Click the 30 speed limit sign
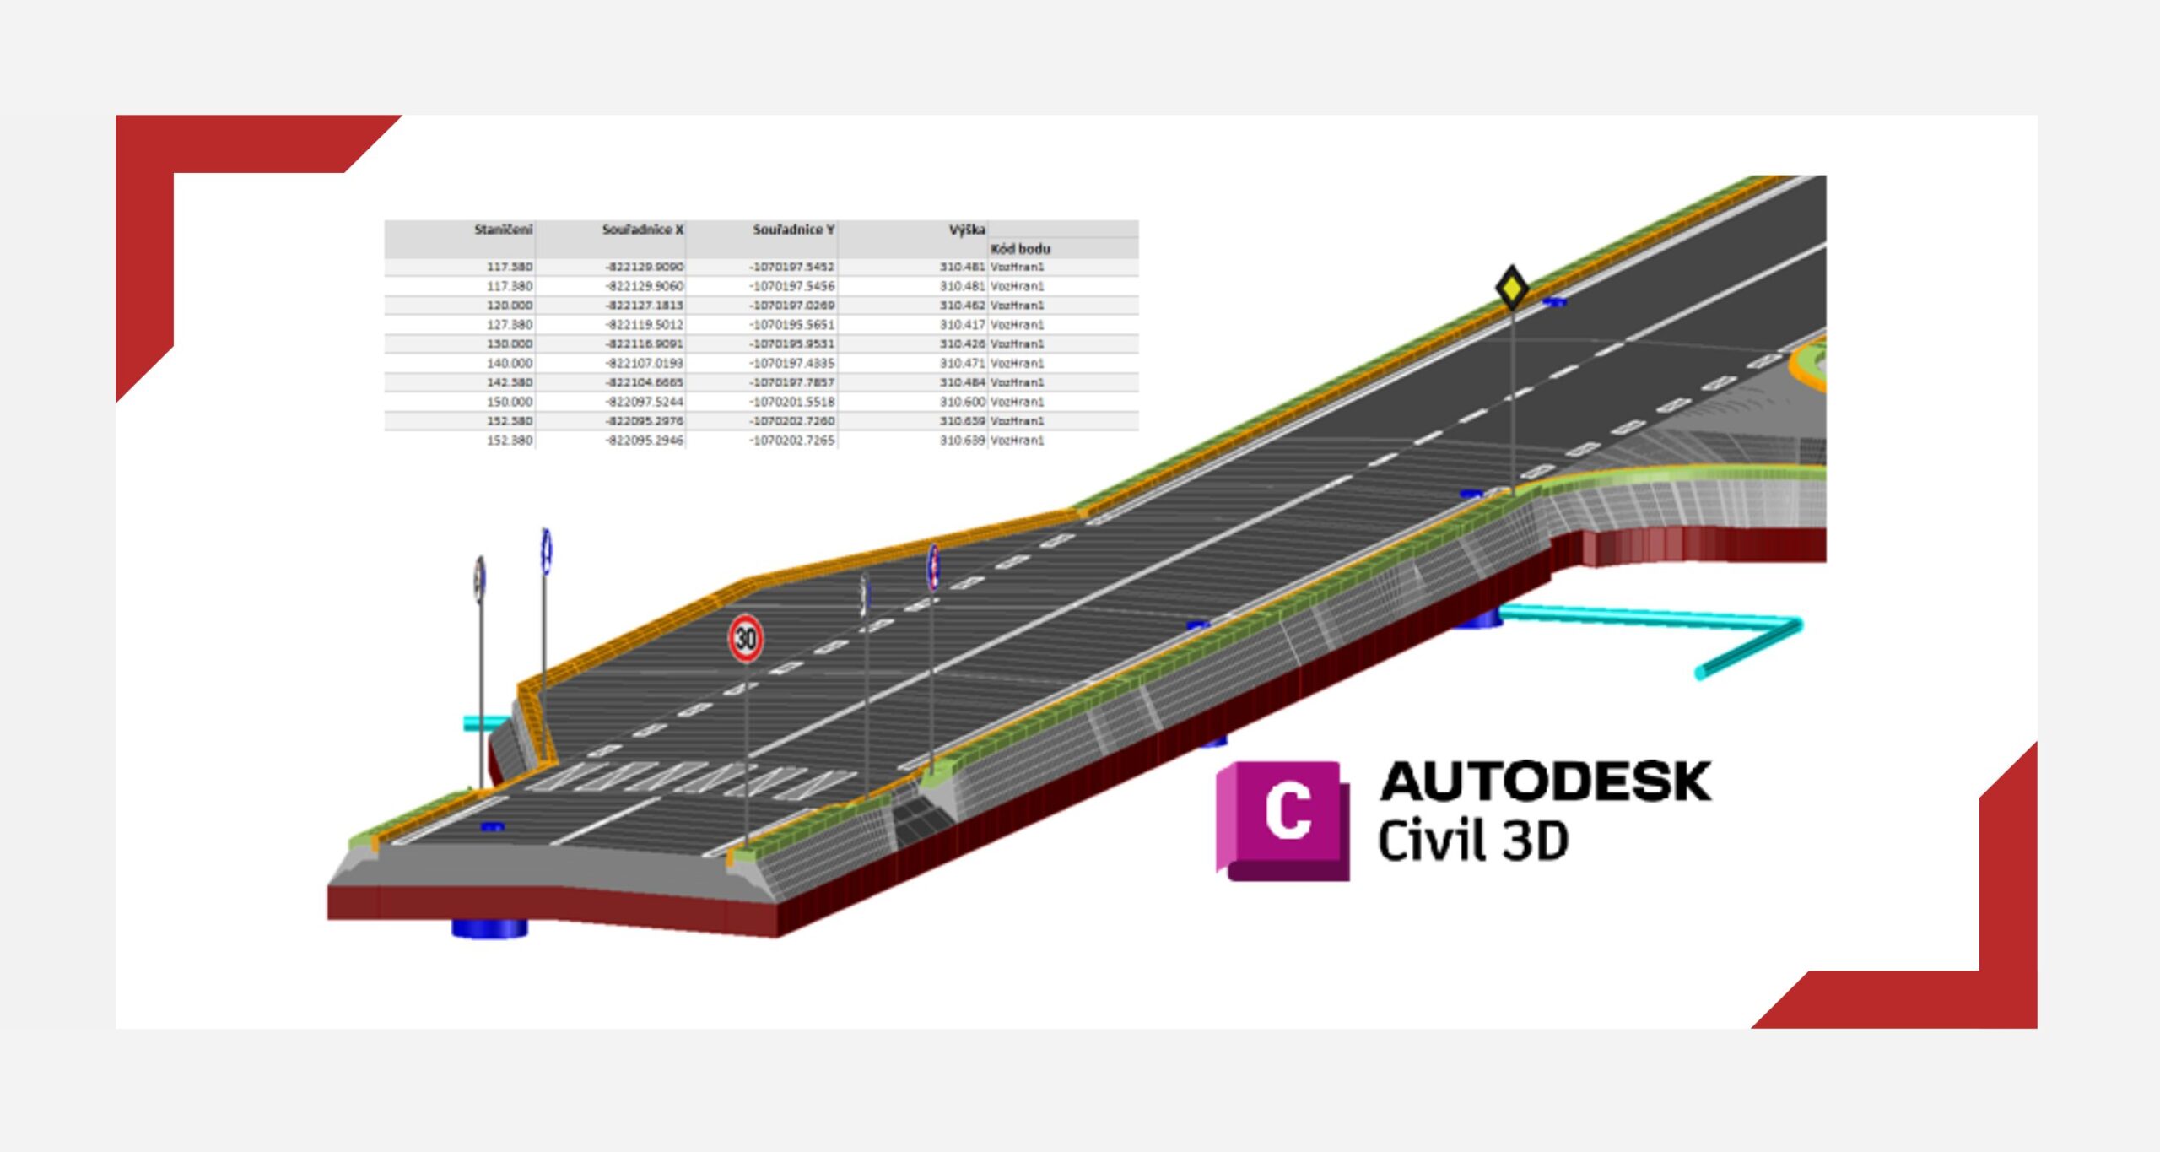(746, 638)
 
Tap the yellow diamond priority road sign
(1511, 289)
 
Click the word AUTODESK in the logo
(1545, 782)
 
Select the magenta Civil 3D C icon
(1282, 820)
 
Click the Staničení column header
(503, 230)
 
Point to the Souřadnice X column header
(642, 230)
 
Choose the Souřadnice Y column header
(793, 230)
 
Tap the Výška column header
(966, 230)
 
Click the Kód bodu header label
(1020, 249)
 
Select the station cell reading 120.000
(509, 306)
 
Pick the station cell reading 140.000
(509, 364)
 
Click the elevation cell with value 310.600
(962, 403)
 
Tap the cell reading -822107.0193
(645, 364)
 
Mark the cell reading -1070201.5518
(791, 403)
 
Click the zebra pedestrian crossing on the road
(683, 778)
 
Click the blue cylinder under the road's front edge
(489, 928)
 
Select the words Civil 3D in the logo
(1472, 841)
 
